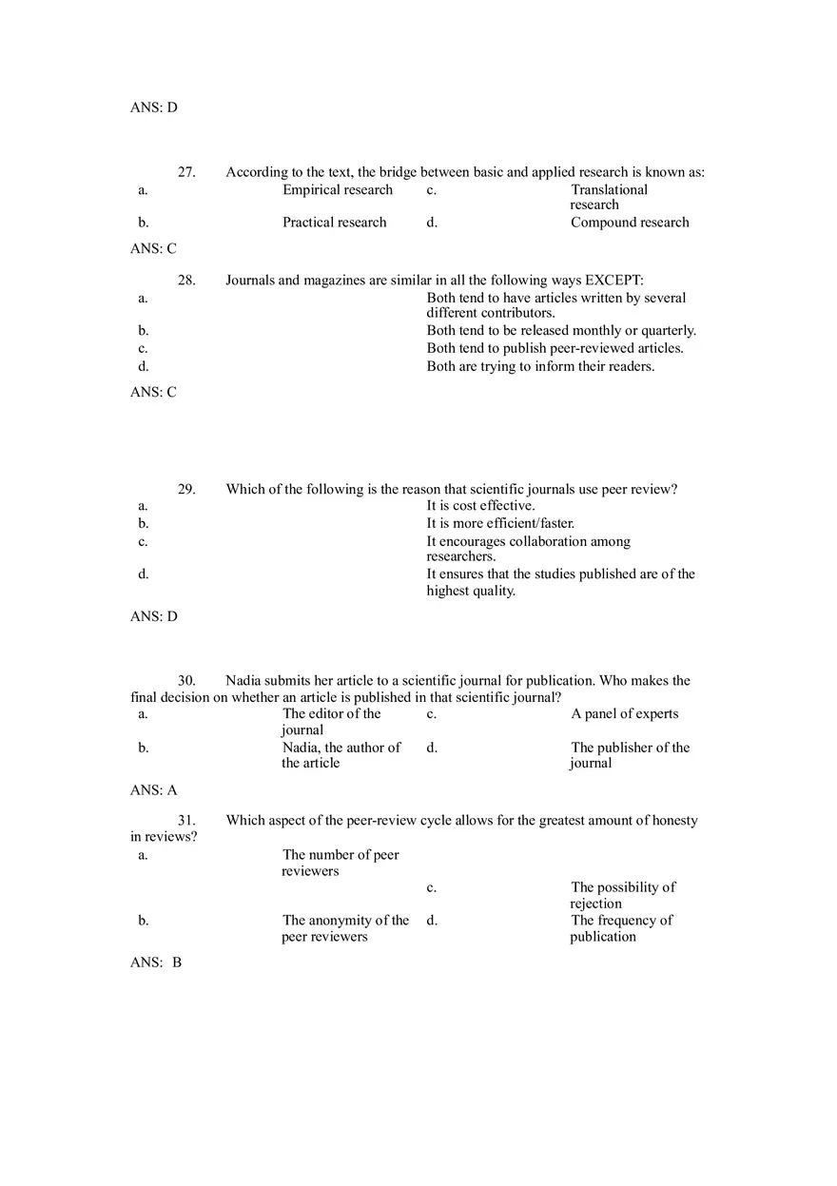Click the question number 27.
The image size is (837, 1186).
(x=186, y=172)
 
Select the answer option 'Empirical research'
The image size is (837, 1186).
(x=338, y=189)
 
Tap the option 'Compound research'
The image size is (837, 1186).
(x=630, y=223)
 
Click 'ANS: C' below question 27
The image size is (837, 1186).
(x=153, y=249)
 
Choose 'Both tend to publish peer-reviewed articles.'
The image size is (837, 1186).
(x=555, y=348)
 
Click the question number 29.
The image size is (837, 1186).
(x=186, y=490)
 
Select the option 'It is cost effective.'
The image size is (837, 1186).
(x=480, y=506)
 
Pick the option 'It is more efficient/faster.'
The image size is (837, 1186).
(x=500, y=523)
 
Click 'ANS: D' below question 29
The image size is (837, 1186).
(x=154, y=616)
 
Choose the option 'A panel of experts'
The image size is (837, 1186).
(x=625, y=714)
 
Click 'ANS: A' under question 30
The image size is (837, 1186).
(x=154, y=790)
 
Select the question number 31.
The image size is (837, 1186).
(x=186, y=821)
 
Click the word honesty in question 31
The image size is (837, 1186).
(x=674, y=821)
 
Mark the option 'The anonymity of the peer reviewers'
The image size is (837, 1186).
(x=345, y=928)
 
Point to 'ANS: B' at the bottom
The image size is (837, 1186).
(x=156, y=962)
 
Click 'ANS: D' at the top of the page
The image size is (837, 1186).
(x=154, y=107)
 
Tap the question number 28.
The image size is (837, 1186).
(x=186, y=281)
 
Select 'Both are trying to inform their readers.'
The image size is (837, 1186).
(x=540, y=366)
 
